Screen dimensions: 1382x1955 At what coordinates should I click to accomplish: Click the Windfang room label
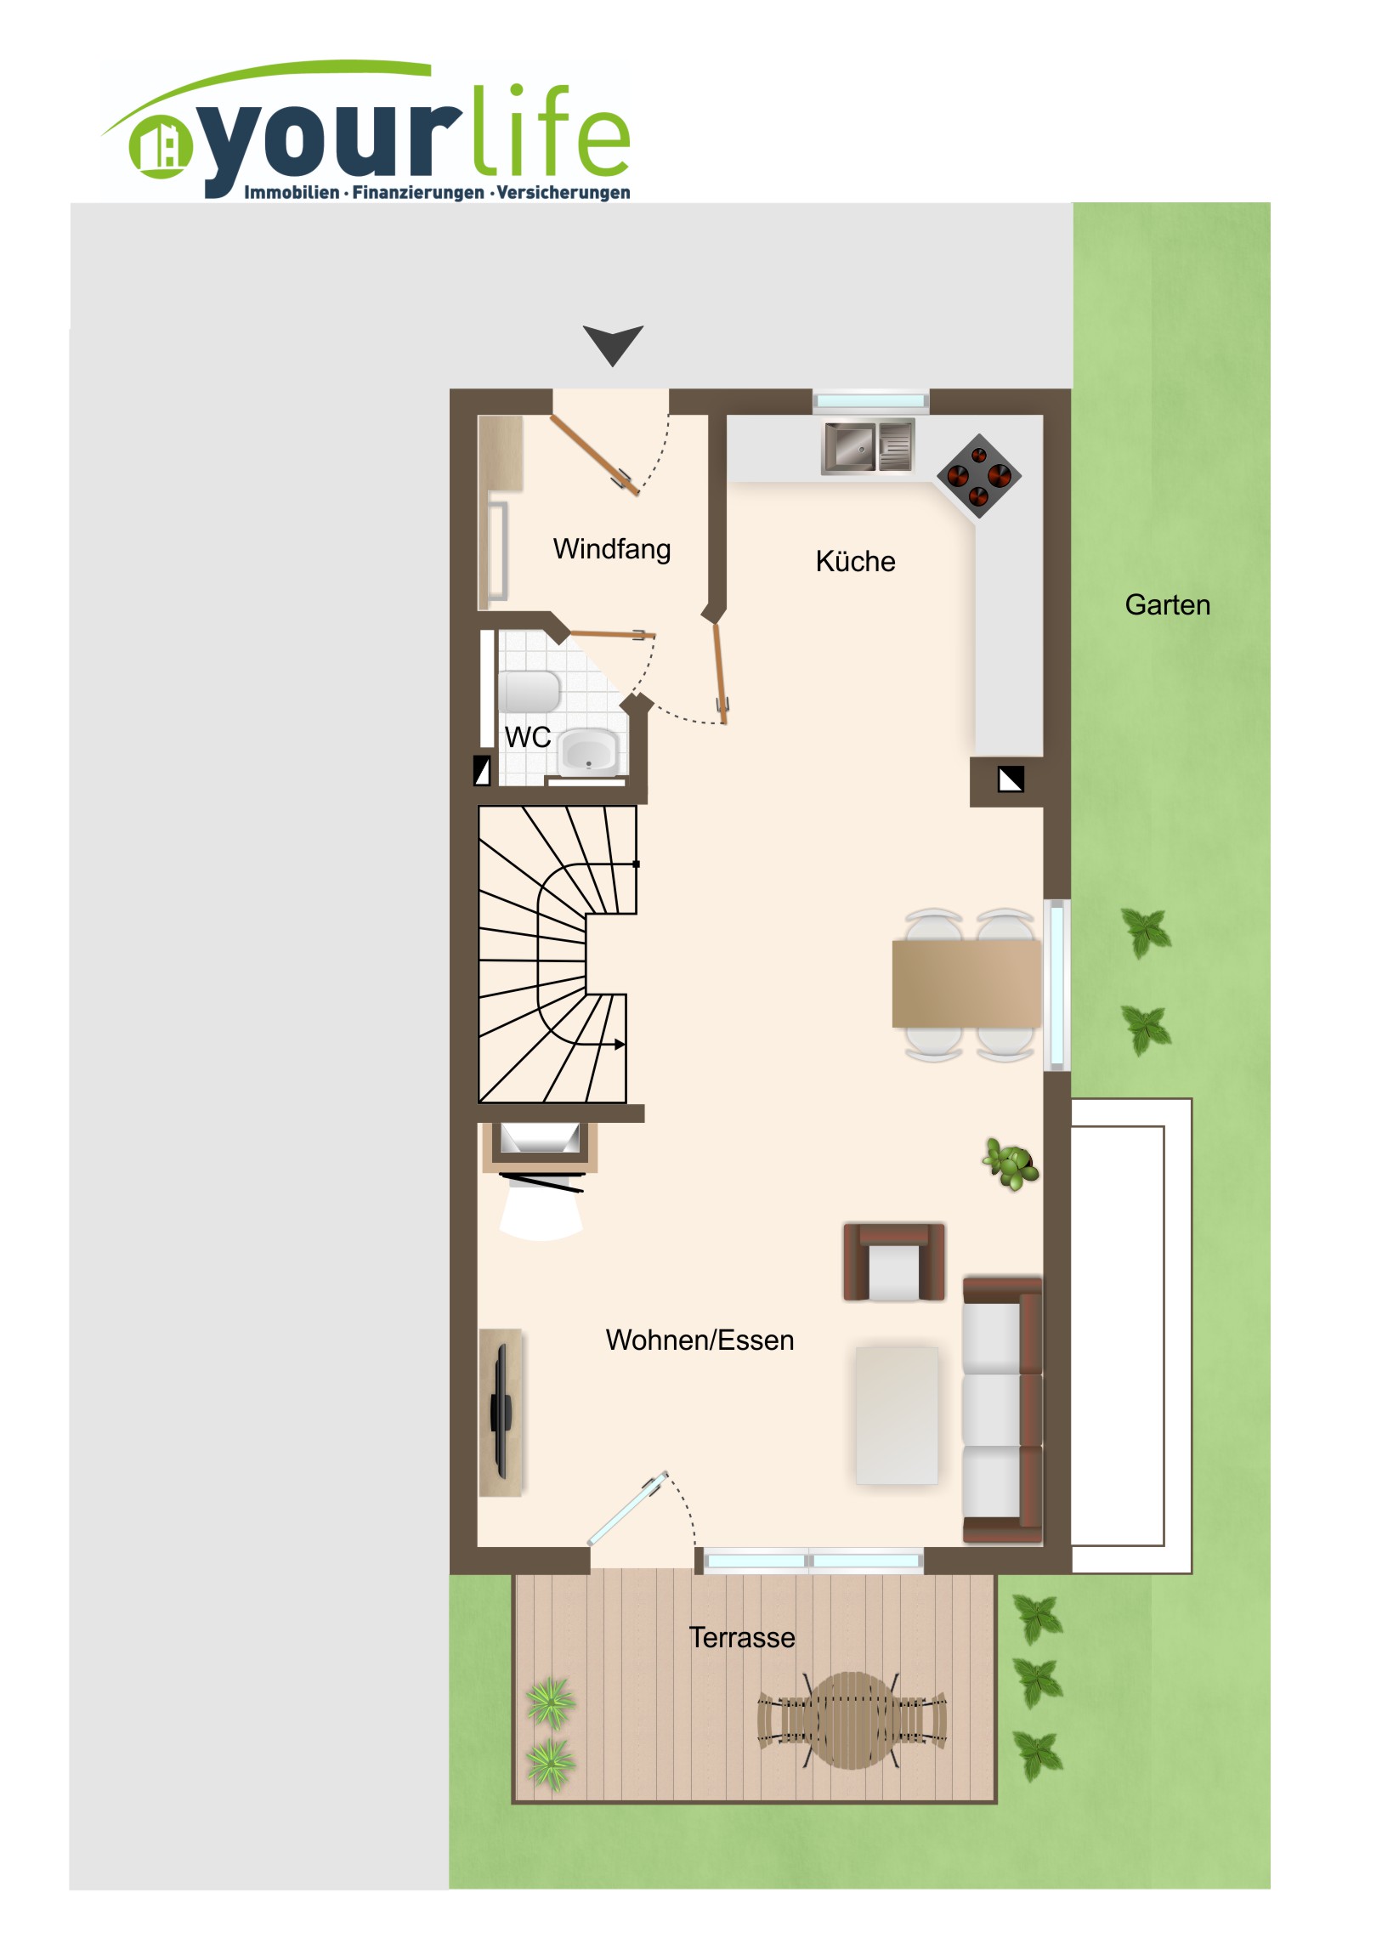coord(612,549)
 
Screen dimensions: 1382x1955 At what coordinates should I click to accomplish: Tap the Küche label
coord(856,561)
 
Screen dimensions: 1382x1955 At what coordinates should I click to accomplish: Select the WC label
coord(528,738)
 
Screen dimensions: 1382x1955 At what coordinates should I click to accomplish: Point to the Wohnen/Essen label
coord(700,1340)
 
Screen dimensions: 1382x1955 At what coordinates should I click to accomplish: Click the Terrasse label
coord(742,1637)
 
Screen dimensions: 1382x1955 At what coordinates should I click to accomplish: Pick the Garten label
coord(1168,604)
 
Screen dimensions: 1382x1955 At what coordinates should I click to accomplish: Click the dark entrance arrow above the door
coord(613,345)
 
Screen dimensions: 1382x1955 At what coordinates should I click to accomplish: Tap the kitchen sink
coord(868,445)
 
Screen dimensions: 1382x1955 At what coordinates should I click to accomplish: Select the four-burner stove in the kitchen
coord(979,476)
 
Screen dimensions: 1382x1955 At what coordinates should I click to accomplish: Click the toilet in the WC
coord(529,691)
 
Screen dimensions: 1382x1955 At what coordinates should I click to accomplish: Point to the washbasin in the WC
coord(587,751)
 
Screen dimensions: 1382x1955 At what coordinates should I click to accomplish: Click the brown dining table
coord(966,983)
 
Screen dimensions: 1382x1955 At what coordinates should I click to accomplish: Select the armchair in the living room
coord(894,1262)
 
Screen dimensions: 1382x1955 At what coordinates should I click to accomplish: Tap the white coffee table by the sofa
coord(897,1415)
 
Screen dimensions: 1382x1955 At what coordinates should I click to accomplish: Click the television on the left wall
coord(501,1411)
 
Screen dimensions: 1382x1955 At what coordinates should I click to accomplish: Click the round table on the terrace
coord(851,1720)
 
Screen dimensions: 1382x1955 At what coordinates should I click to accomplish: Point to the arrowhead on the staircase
coord(620,1045)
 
